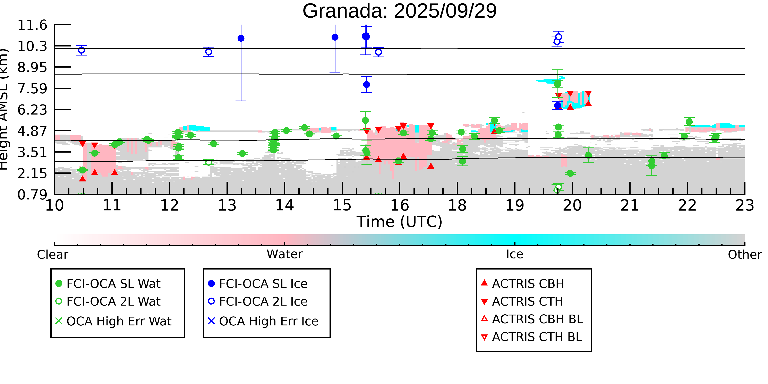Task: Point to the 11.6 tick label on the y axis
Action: pyautogui.click(x=32, y=25)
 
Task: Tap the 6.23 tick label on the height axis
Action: pyautogui.click(x=32, y=110)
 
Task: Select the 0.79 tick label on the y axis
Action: pyautogui.click(x=32, y=195)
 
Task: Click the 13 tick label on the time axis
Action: pyautogui.click(x=227, y=205)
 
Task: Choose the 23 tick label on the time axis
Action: pyautogui.click(x=744, y=205)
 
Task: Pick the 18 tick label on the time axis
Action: pyautogui.click(x=457, y=205)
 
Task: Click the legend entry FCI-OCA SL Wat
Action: pyautogui.click(x=113, y=283)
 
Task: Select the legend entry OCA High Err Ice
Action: pyautogui.click(x=268, y=321)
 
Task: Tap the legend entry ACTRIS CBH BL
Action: pyautogui.click(x=537, y=319)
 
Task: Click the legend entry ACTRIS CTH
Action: pyautogui.click(x=527, y=301)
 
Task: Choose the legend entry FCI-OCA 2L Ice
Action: pyautogui.click(x=263, y=301)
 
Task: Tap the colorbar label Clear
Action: pyautogui.click(x=52, y=255)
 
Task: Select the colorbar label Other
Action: pyautogui.click(x=744, y=255)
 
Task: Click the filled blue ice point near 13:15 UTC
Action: pyautogui.click(x=241, y=38)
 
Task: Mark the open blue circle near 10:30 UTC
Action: pyautogui.click(x=81, y=50)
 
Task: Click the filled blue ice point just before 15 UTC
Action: pyautogui.click(x=335, y=37)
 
